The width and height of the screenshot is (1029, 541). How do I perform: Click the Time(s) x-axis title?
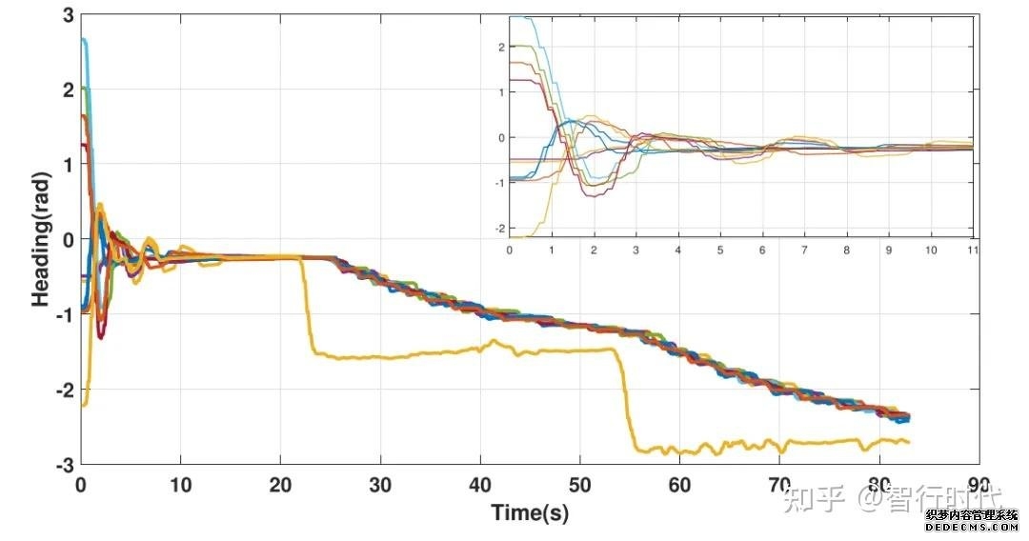pos(530,512)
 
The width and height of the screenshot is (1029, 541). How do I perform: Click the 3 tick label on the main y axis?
pos(68,15)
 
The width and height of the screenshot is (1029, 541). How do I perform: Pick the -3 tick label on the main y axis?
pos(64,465)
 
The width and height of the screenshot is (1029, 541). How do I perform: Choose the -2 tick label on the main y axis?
pos(64,391)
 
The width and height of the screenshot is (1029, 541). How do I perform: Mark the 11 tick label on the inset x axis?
pos(973,250)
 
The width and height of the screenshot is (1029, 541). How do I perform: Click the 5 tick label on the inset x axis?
pos(720,250)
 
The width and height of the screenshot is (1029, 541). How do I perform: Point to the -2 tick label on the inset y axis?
pos(497,229)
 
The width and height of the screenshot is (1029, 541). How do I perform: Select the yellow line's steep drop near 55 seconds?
pos(626,400)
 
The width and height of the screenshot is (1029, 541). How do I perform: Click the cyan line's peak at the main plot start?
pos(84,40)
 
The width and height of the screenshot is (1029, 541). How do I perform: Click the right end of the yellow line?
pos(908,442)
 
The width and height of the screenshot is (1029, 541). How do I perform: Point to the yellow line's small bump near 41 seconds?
pos(494,341)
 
